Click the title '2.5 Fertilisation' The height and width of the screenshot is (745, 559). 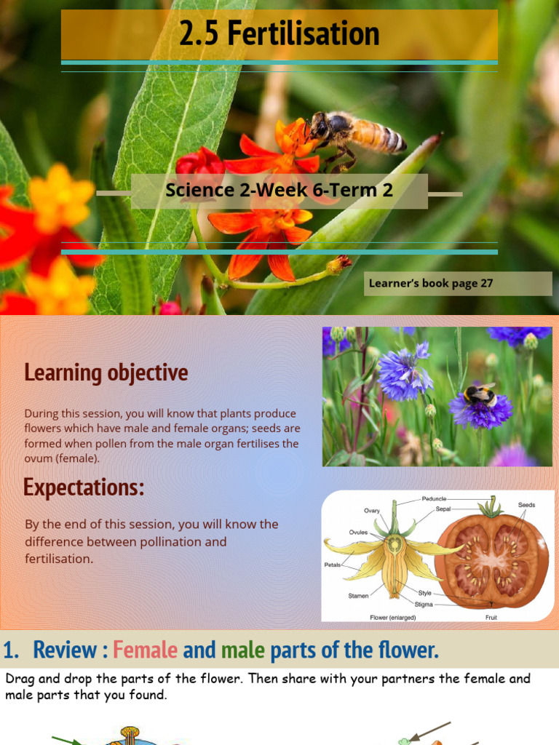click(x=279, y=34)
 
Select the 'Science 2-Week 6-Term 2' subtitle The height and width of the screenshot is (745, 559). click(x=279, y=191)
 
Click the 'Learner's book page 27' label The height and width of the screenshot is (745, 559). click(x=431, y=283)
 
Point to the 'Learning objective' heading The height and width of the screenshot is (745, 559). click(x=106, y=372)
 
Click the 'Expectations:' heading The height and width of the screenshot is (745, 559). click(x=84, y=487)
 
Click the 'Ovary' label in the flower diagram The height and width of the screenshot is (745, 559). click(x=372, y=511)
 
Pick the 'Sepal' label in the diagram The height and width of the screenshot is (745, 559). click(x=443, y=509)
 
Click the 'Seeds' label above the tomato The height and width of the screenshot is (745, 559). click(x=527, y=504)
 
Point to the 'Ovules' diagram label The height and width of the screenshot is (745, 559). click(x=358, y=532)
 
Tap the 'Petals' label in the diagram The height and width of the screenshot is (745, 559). click(x=333, y=565)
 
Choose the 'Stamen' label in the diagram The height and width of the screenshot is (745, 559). click(x=358, y=595)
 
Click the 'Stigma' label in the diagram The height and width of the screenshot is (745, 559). click(x=424, y=604)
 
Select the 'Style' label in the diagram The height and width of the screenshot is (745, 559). click(x=424, y=593)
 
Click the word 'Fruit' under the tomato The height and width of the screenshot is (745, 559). click(x=491, y=617)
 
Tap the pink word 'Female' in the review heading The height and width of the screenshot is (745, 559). click(x=146, y=650)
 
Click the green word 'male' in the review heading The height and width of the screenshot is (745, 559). click(x=242, y=650)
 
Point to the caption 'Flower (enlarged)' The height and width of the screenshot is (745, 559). click(x=394, y=617)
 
